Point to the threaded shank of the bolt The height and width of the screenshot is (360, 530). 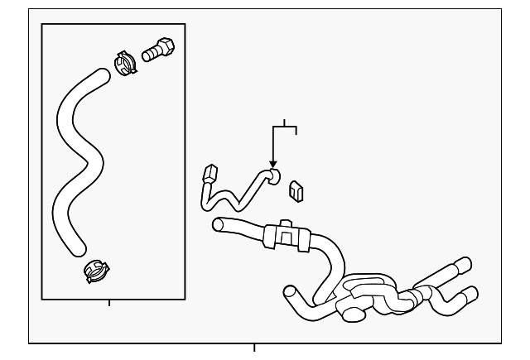tap(149, 54)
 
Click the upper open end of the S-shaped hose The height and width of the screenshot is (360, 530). tap(101, 75)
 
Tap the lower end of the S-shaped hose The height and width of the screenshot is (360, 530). tap(77, 247)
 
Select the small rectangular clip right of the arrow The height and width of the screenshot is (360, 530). tap(296, 191)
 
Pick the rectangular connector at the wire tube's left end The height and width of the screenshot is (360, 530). tap(209, 175)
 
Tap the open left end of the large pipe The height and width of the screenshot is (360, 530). tap(217, 223)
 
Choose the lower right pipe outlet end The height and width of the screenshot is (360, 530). tap(470, 291)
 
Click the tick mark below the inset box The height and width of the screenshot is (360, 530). tap(109, 303)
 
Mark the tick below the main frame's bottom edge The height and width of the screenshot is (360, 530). tap(254, 348)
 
